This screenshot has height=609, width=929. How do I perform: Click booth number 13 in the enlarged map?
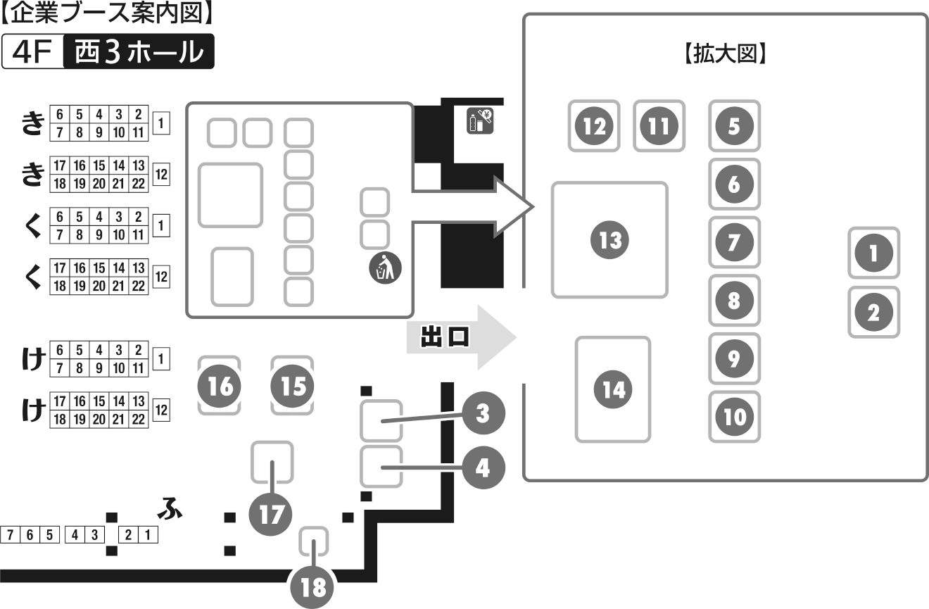[x=609, y=241]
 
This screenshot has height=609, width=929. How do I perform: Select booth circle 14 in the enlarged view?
[x=614, y=389]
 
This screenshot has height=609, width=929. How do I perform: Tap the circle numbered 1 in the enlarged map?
[x=873, y=253]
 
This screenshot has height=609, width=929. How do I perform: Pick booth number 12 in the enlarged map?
[x=595, y=126]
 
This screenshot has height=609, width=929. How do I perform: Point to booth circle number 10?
[x=734, y=417]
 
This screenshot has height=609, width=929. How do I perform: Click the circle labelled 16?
[x=220, y=387]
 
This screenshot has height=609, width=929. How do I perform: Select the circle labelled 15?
[x=293, y=387]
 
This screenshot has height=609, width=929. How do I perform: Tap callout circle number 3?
[x=482, y=413]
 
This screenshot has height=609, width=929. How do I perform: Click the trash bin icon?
[x=384, y=268]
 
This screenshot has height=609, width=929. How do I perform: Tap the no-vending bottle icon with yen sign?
[x=481, y=120]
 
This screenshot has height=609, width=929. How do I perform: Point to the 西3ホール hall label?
[x=139, y=52]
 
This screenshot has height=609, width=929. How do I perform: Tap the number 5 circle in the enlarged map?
[x=734, y=127]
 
